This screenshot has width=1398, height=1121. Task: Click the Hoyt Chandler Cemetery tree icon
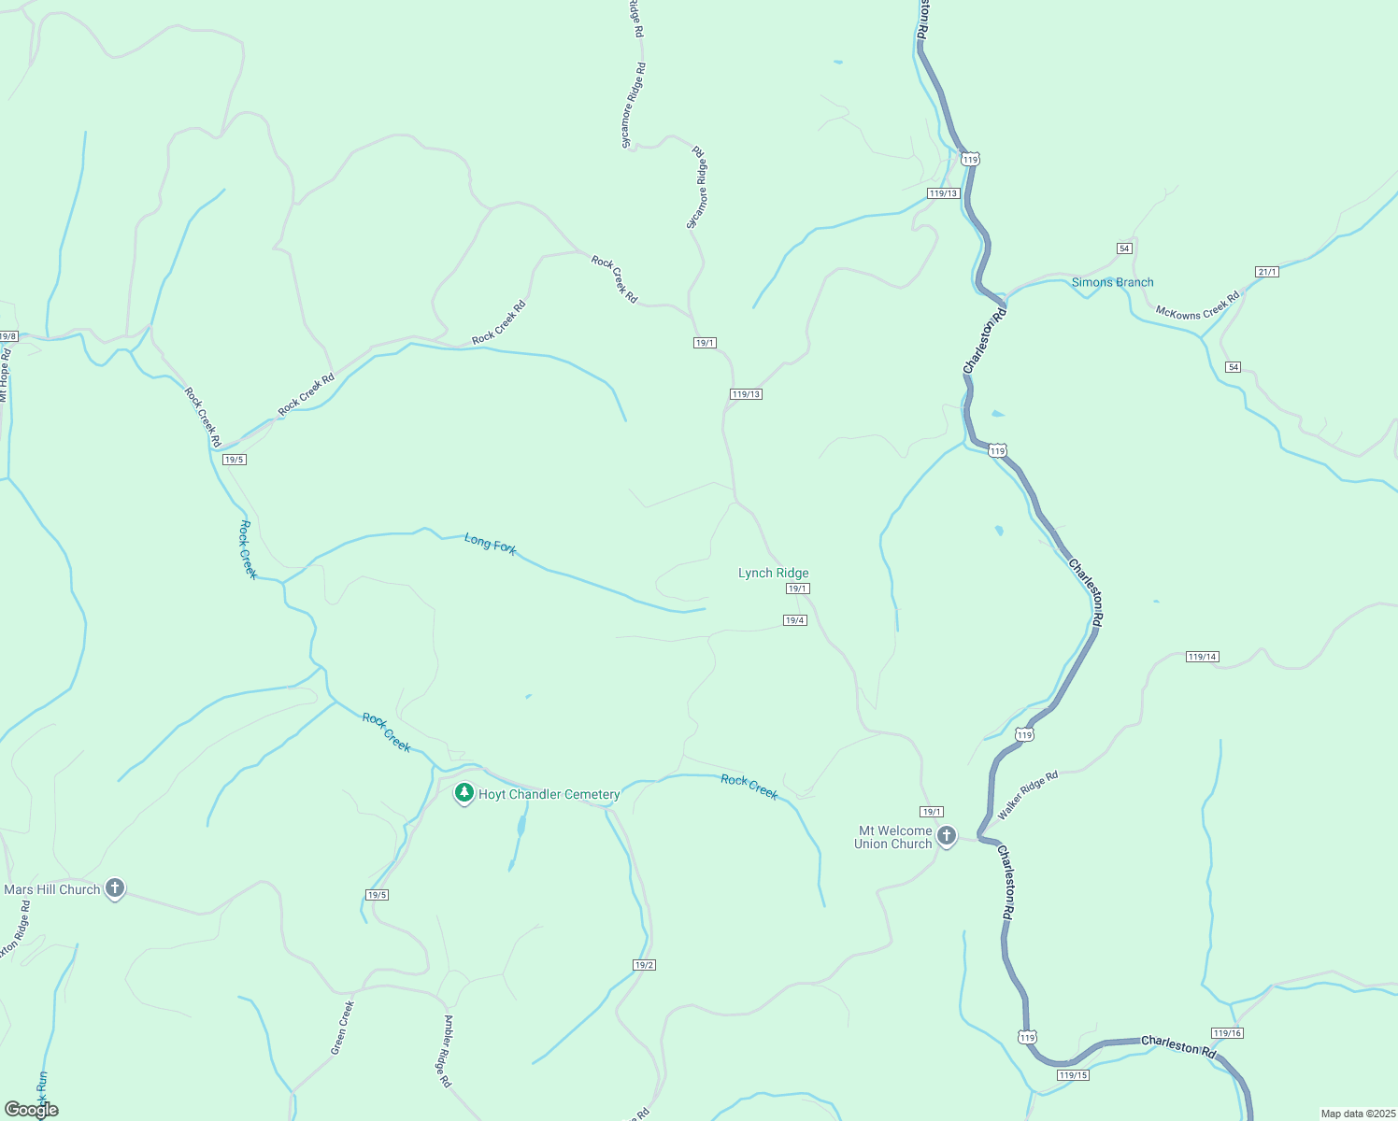tap(464, 793)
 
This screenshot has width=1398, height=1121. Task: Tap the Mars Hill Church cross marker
tap(115, 887)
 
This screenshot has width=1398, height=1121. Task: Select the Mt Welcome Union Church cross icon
tap(947, 836)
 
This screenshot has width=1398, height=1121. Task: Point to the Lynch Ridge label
tap(773, 573)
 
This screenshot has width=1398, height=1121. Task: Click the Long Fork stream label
tap(491, 544)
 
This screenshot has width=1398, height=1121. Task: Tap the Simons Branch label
tap(1112, 282)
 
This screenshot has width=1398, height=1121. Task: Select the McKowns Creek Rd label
tap(1197, 306)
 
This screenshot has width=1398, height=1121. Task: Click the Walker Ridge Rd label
tap(1028, 795)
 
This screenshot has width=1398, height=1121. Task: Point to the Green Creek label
tap(343, 1028)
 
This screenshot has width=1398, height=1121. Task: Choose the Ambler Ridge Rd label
tap(448, 1051)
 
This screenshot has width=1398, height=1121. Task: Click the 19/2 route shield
tap(644, 965)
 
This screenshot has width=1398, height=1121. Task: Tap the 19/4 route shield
tap(794, 620)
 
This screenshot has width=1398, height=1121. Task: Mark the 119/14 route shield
tap(1202, 657)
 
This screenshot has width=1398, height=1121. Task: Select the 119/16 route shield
tap(1227, 1032)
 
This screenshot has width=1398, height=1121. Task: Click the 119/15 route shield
tap(1074, 1075)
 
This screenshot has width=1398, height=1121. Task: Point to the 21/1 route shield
tap(1267, 272)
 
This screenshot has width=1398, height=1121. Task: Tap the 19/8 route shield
tap(7, 336)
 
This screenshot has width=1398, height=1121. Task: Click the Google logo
tap(32, 1110)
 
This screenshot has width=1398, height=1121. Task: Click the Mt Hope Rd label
tap(4, 374)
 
